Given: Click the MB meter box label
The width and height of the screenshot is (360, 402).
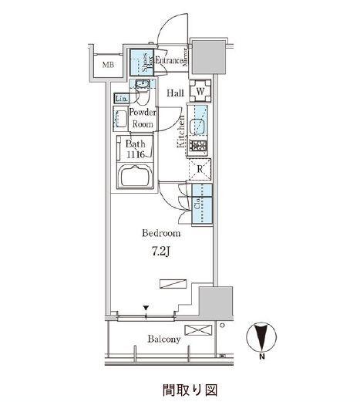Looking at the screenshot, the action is click(x=108, y=65).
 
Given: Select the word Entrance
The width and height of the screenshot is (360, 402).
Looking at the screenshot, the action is click(x=169, y=61).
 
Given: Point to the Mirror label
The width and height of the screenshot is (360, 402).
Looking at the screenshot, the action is click(x=186, y=57).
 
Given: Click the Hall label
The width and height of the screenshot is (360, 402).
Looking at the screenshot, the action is click(x=176, y=93).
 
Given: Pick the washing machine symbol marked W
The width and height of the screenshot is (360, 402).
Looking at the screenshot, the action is click(x=200, y=91).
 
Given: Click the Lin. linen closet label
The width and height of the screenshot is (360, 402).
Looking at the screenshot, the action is click(x=121, y=99).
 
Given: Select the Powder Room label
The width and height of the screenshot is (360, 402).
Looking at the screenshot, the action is click(x=143, y=118).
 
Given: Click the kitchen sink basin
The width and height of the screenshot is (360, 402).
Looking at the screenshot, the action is click(x=197, y=127).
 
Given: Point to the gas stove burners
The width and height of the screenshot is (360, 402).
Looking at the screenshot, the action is click(x=198, y=146).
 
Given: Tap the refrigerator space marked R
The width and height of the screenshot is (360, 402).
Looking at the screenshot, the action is click(x=200, y=169).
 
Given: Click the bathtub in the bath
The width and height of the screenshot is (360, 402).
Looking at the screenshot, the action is click(x=135, y=176).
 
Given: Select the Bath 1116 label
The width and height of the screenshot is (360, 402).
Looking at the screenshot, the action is click(x=136, y=149).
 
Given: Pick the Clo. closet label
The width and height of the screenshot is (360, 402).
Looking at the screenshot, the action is click(x=197, y=203).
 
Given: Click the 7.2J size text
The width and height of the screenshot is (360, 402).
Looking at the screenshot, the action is click(x=160, y=252).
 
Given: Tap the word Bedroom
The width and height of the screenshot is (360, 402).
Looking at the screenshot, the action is click(x=161, y=233).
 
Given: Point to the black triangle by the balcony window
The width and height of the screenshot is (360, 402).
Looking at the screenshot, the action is click(x=146, y=308).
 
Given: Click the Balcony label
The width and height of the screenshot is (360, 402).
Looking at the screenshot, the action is click(x=163, y=340).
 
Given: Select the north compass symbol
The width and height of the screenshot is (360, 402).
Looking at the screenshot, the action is click(x=261, y=337).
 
